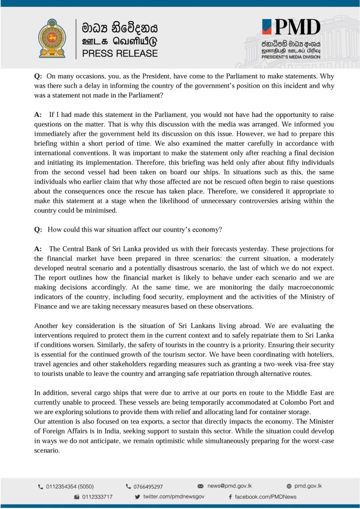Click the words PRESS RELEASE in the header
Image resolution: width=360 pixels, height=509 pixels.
(120, 53)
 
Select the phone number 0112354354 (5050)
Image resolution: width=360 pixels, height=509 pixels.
(70, 487)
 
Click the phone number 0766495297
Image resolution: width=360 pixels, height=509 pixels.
(148, 487)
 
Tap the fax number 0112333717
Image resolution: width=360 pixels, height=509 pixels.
(97, 497)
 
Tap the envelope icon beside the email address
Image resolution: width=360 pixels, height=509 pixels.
(201, 486)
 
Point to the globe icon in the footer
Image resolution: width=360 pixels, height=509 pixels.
(289, 486)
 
